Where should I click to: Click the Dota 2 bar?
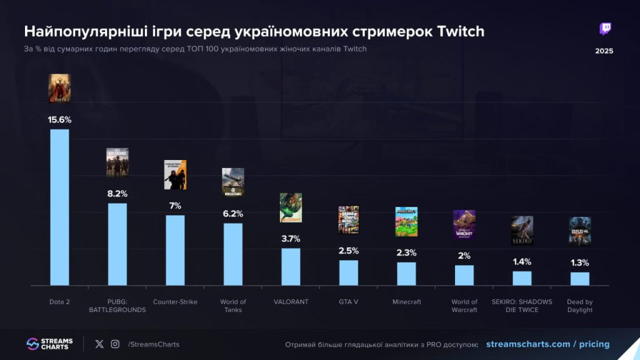tap(59, 207)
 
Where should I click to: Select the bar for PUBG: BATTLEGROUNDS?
tap(117, 244)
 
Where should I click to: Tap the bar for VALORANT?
tap(291, 266)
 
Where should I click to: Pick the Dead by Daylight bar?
tap(580, 278)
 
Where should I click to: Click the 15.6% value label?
tap(59, 119)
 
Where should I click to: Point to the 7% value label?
tap(175, 206)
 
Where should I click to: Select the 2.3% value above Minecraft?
tap(406, 252)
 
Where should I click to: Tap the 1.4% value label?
tap(522, 262)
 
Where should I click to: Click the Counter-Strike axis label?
tap(175, 302)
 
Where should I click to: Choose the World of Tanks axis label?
tap(233, 306)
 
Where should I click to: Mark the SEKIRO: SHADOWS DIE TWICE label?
tap(522, 306)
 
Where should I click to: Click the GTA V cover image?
tap(349, 220)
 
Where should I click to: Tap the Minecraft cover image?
tap(406, 221)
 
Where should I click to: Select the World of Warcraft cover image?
tap(464, 224)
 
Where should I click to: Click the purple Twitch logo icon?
tap(605, 29)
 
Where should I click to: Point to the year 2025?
tap(604, 51)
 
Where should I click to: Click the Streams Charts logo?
tap(49, 344)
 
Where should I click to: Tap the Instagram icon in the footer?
tap(115, 344)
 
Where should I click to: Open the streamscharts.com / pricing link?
tap(547, 344)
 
